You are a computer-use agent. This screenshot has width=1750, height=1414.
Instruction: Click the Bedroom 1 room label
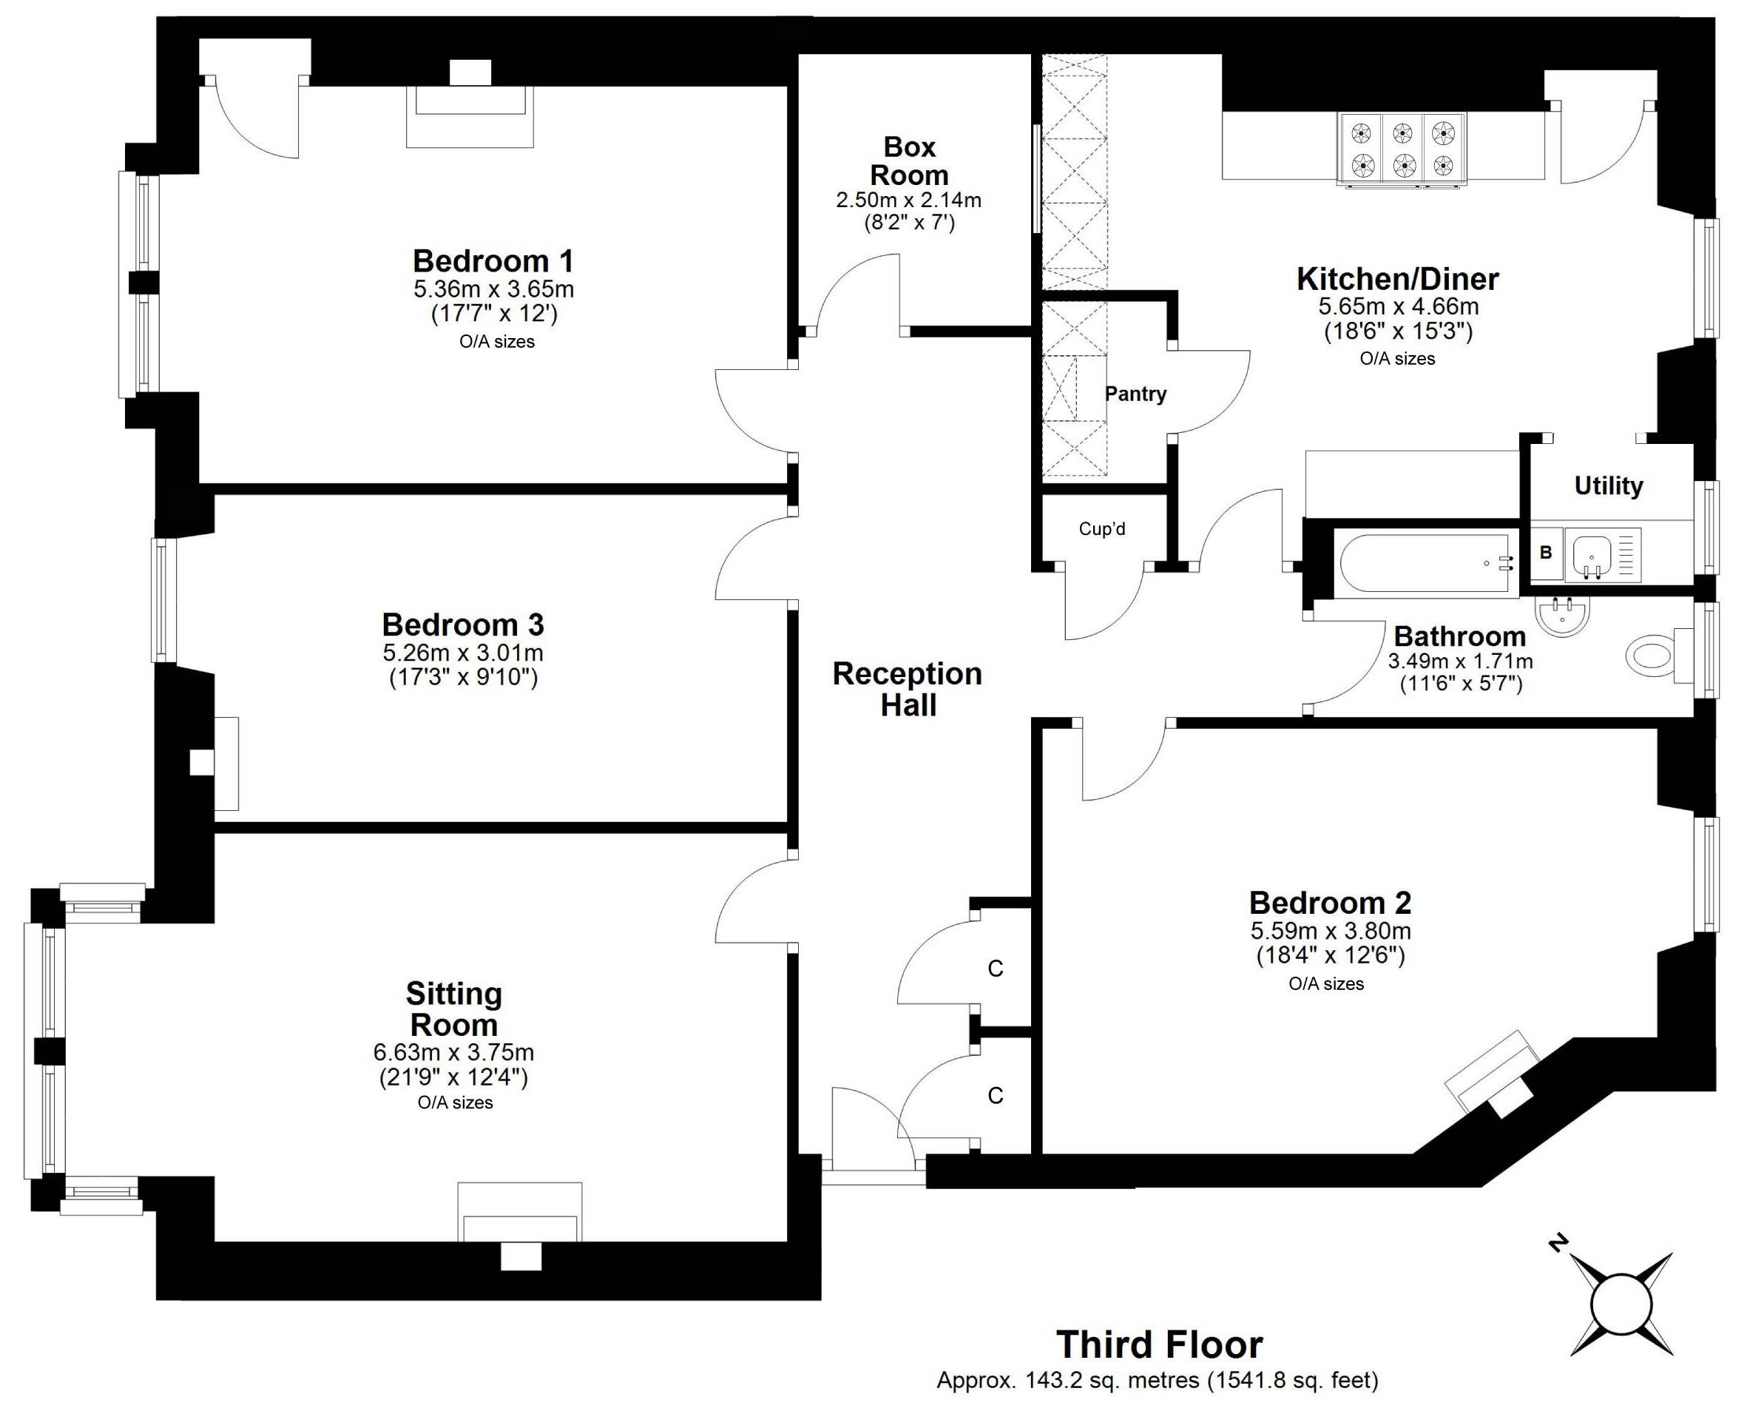point(493,261)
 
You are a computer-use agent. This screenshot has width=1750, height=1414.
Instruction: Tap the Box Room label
point(909,161)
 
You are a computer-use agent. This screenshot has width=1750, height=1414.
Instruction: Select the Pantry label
point(1135,394)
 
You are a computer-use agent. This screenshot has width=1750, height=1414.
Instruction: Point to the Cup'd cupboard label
point(1102,530)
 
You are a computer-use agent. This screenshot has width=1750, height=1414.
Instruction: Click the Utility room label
point(1608,486)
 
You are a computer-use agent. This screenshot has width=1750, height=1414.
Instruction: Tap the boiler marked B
point(1546,553)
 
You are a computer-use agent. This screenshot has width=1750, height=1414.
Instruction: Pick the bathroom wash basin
point(1562,616)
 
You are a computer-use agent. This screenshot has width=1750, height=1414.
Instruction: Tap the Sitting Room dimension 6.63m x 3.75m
point(453,1052)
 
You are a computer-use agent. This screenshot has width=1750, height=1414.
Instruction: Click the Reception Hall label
point(907,689)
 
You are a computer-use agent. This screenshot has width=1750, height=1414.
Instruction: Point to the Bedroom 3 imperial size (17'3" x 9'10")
point(463,678)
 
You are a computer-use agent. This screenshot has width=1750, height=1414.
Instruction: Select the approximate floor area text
point(1157,1381)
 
